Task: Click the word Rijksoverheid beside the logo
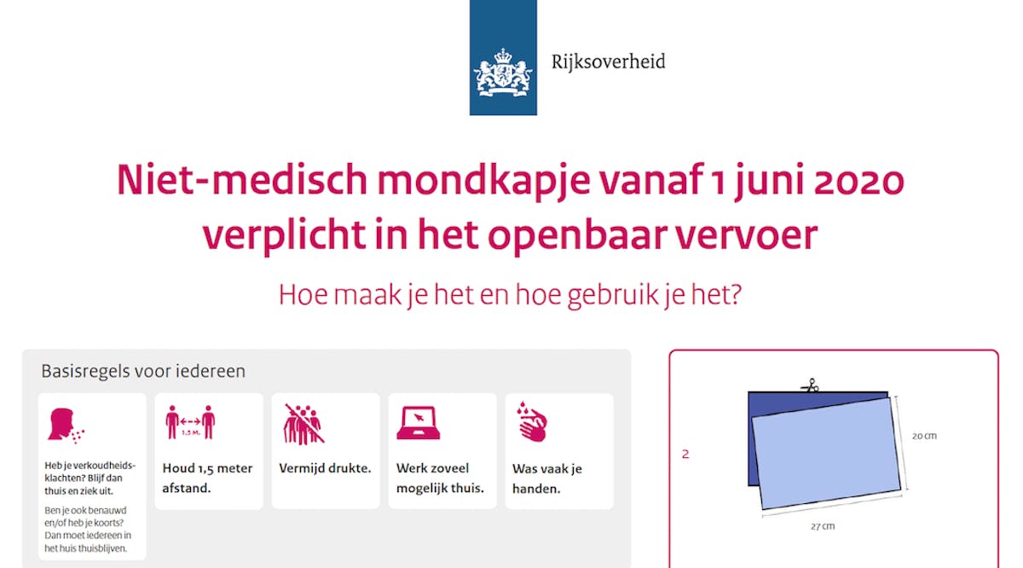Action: tap(609, 61)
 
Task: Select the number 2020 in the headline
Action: tap(859, 180)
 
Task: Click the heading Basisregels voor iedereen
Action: tap(143, 371)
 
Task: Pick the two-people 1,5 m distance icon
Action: tap(190, 422)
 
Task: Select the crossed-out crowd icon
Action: tap(303, 424)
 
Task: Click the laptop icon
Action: tap(419, 423)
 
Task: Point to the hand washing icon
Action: tap(532, 422)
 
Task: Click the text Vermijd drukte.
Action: tap(325, 468)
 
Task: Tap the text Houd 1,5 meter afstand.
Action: tap(207, 478)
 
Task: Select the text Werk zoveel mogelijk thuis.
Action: tap(440, 478)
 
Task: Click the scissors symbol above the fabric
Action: tap(810, 386)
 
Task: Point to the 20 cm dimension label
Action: tap(924, 436)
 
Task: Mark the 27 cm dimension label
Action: tap(823, 526)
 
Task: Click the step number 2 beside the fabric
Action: tap(685, 454)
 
